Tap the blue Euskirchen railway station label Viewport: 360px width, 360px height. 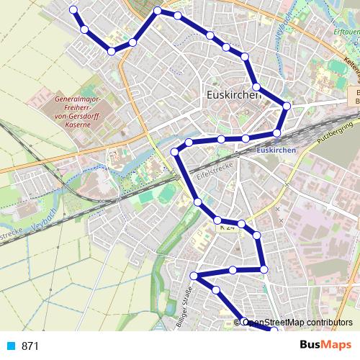click(276, 150)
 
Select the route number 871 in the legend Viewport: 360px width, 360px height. click(30, 346)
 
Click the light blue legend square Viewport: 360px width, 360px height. click(11, 346)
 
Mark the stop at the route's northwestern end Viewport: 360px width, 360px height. click(72, 10)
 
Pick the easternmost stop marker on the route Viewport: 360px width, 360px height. click(287, 106)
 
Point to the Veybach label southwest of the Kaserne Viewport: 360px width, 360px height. click(49, 215)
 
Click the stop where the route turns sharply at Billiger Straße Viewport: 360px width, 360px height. click(194, 276)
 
